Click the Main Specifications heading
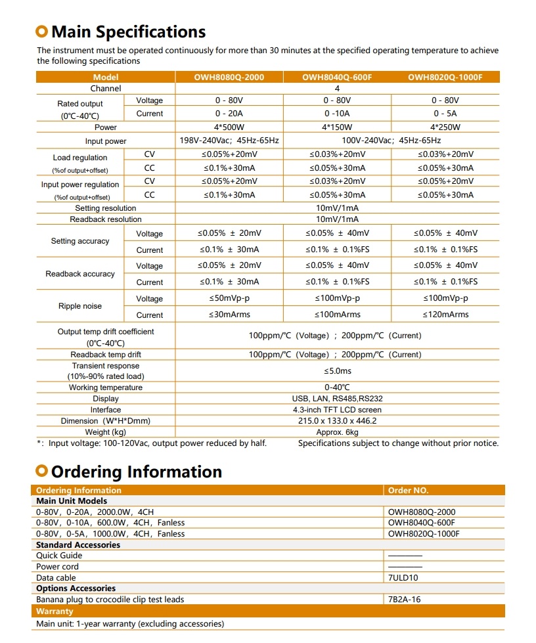coord(128,32)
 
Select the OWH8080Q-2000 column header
coord(229,77)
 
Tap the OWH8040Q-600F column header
coord(337,77)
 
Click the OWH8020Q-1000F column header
coord(445,77)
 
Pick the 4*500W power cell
coord(229,127)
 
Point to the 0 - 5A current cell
coord(445,114)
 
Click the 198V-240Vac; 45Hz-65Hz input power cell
coord(229,141)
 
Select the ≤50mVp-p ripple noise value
coord(229,299)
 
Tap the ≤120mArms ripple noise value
coord(445,315)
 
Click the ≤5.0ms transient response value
coord(337,371)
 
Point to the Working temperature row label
coord(106,388)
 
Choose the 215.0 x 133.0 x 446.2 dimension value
coord(337,421)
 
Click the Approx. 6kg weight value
coord(337,432)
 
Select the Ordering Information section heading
coord(136,472)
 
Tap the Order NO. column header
coord(408,491)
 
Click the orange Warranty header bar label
coord(55,611)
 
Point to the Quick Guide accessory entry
coord(59,556)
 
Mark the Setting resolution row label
coord(106,208)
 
